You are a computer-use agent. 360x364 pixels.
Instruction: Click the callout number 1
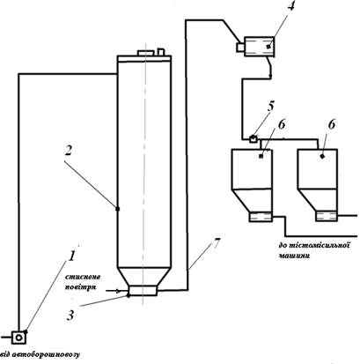[x=71, y=256]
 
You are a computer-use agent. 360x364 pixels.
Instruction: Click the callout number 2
[x=68, y=151]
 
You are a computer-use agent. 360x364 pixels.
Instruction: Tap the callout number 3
[x=70, y=316]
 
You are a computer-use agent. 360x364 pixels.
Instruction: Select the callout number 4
[x=290, y=6]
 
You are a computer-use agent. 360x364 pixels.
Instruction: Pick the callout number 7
[x=216, y=242]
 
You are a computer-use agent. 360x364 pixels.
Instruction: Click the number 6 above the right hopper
[x=331, y=124]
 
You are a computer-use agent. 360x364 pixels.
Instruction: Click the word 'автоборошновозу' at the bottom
[x=43, y=354]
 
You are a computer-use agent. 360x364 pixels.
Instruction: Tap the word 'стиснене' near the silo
[x=83, y=277]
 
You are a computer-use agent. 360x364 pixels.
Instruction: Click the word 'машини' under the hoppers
[x=294, y=256]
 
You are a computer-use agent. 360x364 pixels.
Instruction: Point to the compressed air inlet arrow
[x=114, y=291]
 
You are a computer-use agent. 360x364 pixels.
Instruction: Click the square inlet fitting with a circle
[x=19, y=338]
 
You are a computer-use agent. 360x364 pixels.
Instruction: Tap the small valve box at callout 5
[x=253, y=138]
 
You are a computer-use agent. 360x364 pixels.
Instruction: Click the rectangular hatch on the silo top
[x=145, y=53]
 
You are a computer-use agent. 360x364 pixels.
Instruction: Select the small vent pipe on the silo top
[x=161, y=51]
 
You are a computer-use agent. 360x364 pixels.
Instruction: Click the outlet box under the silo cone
[x=143, y=291]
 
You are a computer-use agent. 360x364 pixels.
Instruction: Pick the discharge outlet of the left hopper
[x=261, y=217]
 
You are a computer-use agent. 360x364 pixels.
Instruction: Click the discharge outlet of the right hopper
[x=327, y=216]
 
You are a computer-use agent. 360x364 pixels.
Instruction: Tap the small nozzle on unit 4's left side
[x=240, y=47]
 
